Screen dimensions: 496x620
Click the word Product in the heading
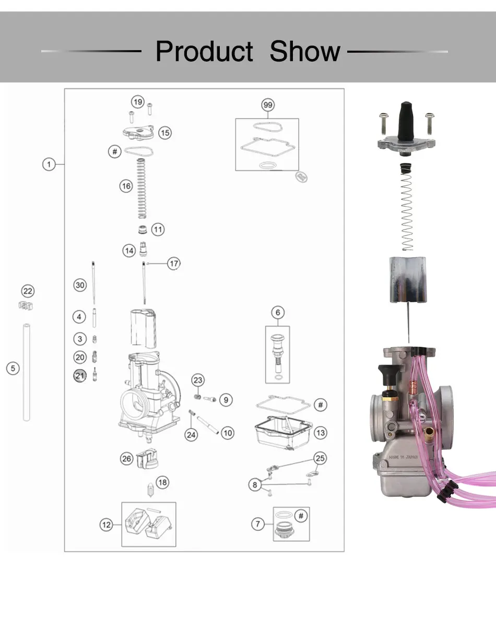click(x=204, y=52)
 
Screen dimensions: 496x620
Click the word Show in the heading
click(x=305, y=52)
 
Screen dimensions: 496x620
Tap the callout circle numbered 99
click(x=267, y=105)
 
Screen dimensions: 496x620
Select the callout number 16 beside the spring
click(x=126, y=185)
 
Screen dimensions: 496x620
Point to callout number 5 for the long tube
click(x=13, y=368)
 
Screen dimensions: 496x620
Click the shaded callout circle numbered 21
click(x=79, y=375)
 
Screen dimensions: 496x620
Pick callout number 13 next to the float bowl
click(x=321, y=433)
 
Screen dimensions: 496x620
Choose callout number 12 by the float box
click(x=107, y=524)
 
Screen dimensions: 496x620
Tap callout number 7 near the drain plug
click(x=258, y=523)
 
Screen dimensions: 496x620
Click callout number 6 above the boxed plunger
click(x=278, y=313)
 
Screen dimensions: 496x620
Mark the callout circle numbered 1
click(x=49, y=164)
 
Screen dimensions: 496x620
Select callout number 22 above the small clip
click(x=28, y=291)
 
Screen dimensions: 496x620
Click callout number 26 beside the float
click(x=127, y=459)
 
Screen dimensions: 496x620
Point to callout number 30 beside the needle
click(x=79, y=285)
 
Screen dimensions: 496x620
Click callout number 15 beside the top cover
click(x=165, y=133)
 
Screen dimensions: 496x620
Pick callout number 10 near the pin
click(x=228, y=433)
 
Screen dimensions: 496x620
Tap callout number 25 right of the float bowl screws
click(x=320, y=458)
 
